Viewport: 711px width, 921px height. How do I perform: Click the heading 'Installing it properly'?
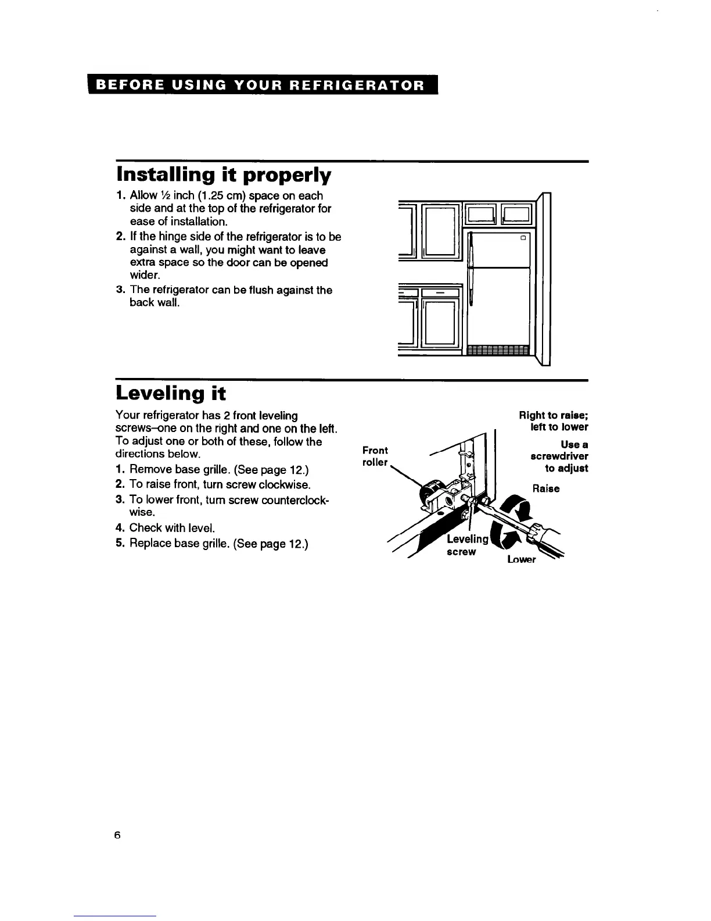pos(224,174)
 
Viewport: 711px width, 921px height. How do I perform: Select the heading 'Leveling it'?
pos(170,394)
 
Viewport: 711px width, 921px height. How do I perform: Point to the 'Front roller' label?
pos(375,456)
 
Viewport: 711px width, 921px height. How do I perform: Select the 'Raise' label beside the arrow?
pos(546,488)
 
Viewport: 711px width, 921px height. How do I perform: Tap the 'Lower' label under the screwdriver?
pos(521,560)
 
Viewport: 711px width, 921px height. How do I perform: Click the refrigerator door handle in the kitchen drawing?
pos(472,267)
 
